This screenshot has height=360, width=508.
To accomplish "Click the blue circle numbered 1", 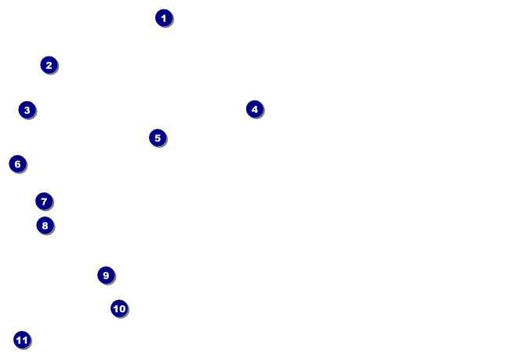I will click(x=163, y=18).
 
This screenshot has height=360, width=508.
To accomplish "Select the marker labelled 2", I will click(x=49, y=65).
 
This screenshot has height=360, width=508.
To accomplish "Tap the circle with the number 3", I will click(x=27, y=110).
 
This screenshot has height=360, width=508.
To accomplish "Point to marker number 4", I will click(x=254, y=109).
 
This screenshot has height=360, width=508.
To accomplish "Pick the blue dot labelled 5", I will click(x=158, y=138).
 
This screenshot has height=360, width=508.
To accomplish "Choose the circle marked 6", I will click(x=17, y=164).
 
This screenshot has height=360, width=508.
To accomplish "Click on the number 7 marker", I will click(x=44, y=202).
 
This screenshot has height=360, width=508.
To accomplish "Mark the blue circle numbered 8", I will click(x=45, y=226).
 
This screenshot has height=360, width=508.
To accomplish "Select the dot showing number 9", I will click(x=106, y=275).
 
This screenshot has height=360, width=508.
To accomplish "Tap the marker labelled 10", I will click(x=119, y=308).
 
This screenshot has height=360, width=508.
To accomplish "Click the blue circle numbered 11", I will click(x=22, y=340).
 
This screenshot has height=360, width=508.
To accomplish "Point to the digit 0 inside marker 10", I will click(x=122, y=308).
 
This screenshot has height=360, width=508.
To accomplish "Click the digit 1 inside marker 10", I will click(x=116, y=308).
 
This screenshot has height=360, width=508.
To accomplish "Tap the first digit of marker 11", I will click(x=20, y=340).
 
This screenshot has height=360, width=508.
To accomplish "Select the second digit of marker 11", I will click(x=25, y=340).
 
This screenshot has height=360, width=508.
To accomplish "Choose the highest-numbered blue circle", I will click(x=22, y=340).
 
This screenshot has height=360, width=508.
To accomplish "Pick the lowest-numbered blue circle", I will click(x=163, y=18).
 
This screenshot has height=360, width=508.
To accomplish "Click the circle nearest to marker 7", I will click(x=45, y=226).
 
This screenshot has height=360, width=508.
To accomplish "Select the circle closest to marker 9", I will click(x=119, y=308).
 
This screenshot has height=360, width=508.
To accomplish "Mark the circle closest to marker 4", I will click(x=158, y=138).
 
